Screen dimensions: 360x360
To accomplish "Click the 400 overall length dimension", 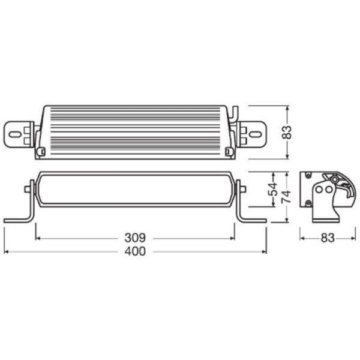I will coord(136,252).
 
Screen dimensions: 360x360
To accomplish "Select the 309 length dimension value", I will coord(136,238).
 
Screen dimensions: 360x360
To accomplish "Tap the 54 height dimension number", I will coord(274,191).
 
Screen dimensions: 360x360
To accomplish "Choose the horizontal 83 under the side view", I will coord(326,238).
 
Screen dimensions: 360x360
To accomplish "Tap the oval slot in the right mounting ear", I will coord(259,133).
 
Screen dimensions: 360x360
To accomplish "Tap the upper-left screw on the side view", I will coord(308,175).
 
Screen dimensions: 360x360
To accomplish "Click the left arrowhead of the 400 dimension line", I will coord(5,252).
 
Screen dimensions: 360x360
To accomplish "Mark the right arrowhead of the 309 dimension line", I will coord(233,238).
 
